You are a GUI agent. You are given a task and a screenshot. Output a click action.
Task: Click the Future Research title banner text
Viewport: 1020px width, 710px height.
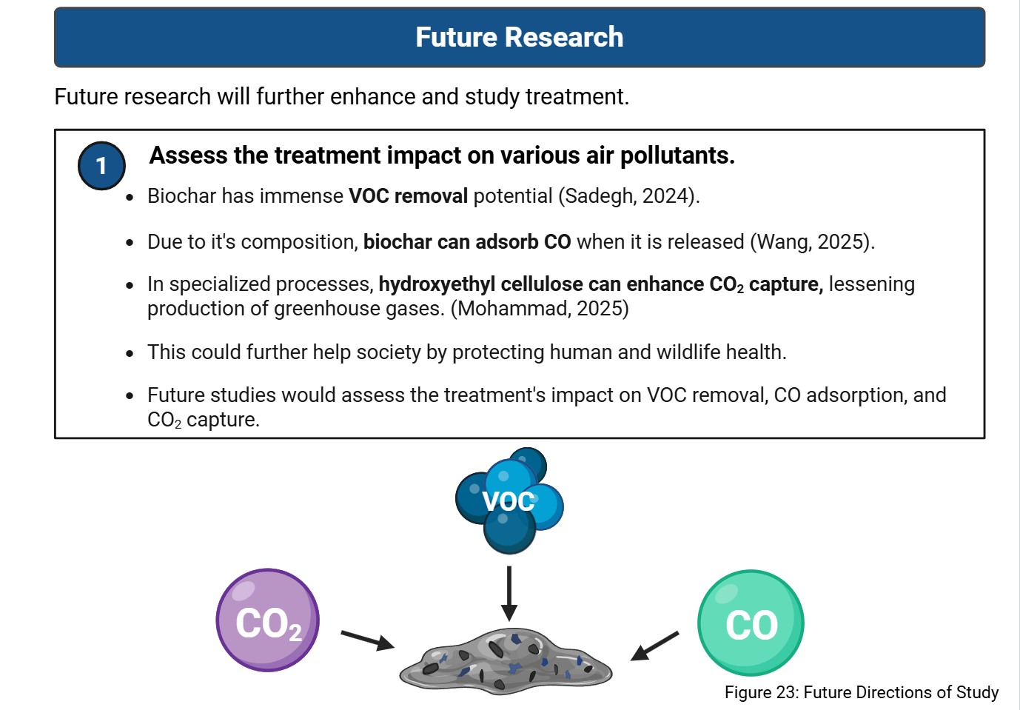coord(519,37)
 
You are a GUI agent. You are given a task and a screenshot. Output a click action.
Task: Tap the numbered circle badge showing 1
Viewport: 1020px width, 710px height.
coord(101,165)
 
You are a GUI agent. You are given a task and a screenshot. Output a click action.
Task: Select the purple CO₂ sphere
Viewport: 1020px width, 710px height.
coord(268,620)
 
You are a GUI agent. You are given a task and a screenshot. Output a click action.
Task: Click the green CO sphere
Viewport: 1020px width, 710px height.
coord(751,623)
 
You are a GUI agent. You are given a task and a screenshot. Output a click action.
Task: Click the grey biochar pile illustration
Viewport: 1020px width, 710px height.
coord(506,661)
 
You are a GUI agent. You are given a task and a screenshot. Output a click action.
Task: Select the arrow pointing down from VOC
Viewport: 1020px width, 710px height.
coord(509,594)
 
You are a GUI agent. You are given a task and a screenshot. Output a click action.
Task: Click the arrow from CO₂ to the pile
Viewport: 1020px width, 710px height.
coord(368,640)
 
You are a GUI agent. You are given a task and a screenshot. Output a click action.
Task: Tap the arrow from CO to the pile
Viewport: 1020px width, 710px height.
coord(655,646)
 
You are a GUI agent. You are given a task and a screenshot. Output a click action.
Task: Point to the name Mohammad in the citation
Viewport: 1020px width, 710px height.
coord(512,308)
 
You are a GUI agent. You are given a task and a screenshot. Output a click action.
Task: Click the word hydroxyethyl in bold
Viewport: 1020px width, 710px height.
coord(437,284)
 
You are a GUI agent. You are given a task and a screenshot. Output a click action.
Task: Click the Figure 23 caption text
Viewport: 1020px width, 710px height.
coord(862,692)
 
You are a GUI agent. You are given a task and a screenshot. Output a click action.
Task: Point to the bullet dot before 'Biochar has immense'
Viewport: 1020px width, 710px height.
coord(130,198)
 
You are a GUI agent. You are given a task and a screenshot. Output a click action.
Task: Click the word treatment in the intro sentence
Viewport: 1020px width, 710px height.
coord(577,96)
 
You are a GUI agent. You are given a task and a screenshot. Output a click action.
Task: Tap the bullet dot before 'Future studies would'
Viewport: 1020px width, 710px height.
coord(130,396)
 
